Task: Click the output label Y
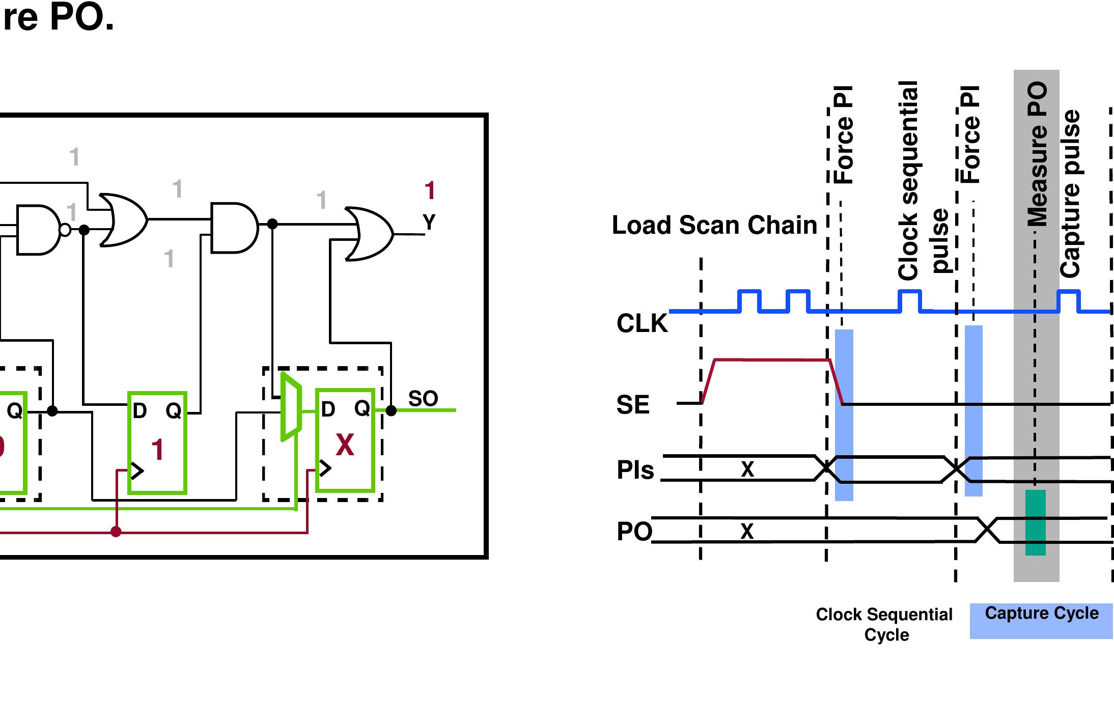[x=429, y=223]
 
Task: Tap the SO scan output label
[x=423, y=399]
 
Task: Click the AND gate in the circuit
[x=233, y=228]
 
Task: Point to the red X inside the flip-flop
[x=345, y=445]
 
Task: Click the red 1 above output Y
[x=429, y=191]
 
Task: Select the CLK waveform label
[x=642, y=323]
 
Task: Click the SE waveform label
[x=633, y=405]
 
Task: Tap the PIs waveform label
[x=635, y=470]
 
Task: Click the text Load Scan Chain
[x=714, y=225]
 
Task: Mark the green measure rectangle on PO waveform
[x=1035, y=522]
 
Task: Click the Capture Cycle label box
[x=1041, y=620]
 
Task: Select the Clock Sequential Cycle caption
[x=884, y=624]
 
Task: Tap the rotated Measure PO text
[x=1037, y=154]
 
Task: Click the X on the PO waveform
[x=746, y=532]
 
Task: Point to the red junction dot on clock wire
[x=116, y=532]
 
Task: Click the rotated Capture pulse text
[x=1070, y=193]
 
